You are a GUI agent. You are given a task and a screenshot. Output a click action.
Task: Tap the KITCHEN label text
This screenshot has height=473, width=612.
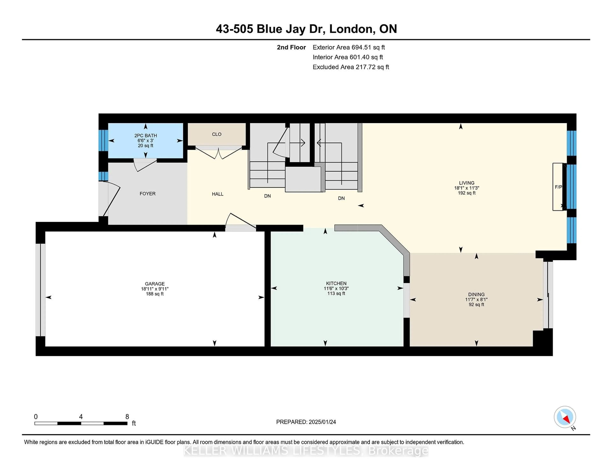336,283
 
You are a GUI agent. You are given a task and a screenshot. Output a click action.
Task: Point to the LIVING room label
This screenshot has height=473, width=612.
466,183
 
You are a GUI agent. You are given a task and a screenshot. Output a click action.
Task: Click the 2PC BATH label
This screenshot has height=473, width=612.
146,136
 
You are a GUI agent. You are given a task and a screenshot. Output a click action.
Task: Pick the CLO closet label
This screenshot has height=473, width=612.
217,134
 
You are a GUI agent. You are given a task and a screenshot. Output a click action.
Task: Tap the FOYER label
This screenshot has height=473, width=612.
148,194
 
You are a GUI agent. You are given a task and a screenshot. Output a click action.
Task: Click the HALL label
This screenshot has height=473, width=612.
218,194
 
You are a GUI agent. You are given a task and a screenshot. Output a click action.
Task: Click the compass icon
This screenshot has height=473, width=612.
565,417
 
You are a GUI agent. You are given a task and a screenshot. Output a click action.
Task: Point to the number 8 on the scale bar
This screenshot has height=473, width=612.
127,417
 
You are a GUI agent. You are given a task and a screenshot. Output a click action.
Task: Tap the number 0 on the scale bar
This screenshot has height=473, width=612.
36,417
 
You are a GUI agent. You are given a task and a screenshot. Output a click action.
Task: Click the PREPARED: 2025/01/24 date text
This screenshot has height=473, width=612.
306,422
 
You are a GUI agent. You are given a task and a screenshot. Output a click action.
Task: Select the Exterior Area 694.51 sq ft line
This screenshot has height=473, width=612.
349,47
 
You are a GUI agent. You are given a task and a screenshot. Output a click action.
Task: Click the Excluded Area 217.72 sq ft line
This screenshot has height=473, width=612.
351,67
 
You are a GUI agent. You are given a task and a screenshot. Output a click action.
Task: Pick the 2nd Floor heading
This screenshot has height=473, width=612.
291,47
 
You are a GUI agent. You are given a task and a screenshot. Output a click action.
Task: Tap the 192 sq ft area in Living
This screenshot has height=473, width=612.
466,193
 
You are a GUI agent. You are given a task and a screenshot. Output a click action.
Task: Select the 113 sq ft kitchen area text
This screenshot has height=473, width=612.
336,293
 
